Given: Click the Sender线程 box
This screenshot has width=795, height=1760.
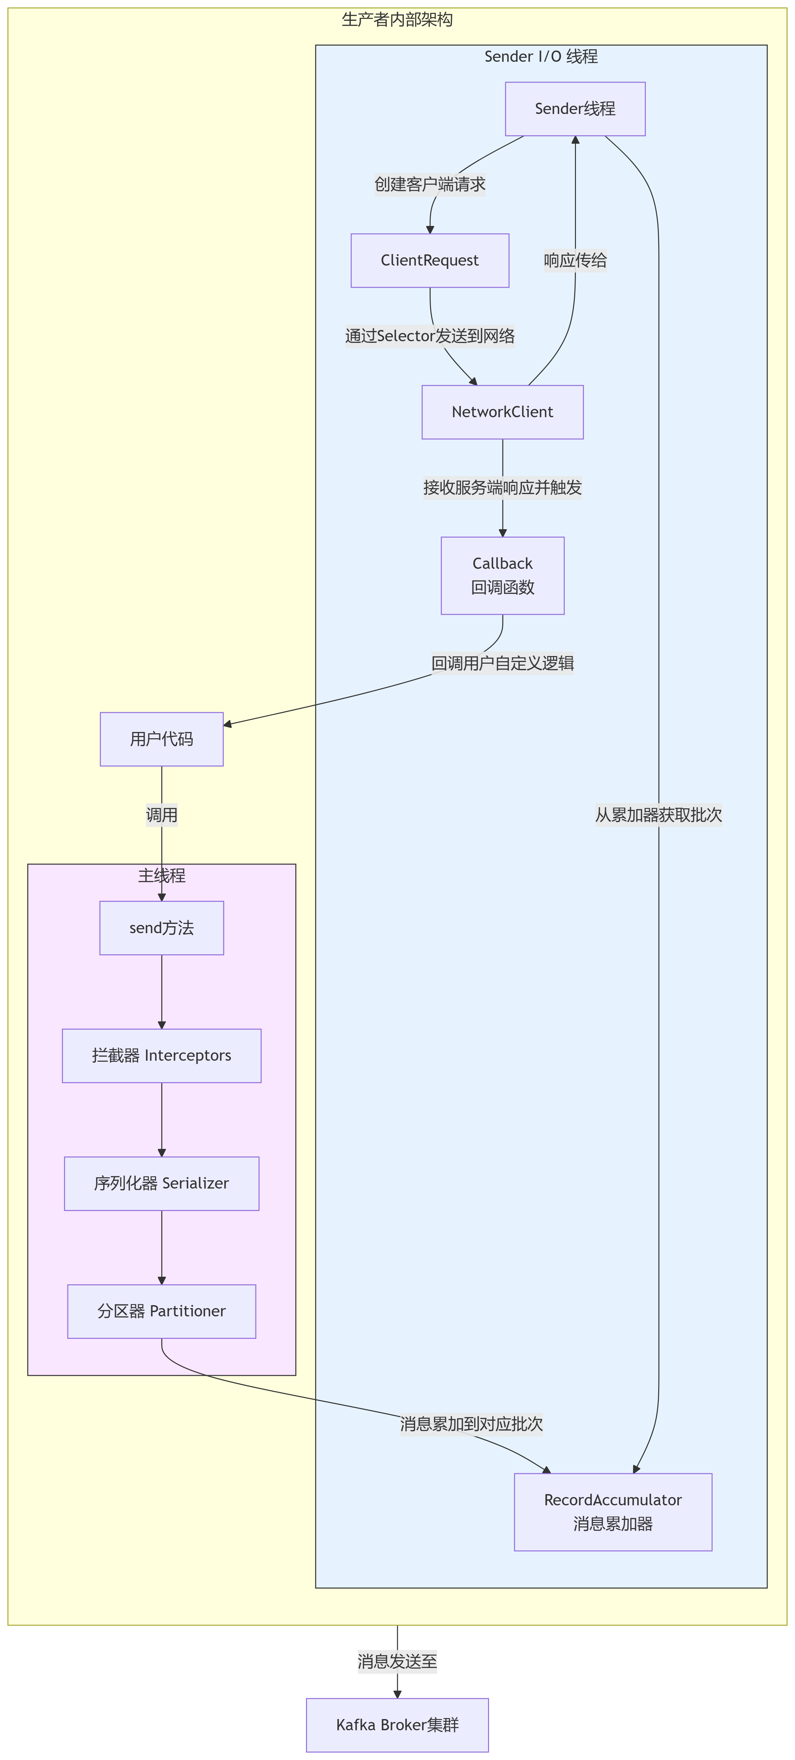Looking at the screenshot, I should (x=575, y=109).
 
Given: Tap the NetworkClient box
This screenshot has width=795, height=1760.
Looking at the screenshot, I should (x=503, y=412).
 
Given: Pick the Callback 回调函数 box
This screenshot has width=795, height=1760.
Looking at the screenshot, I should (x=503, y=575).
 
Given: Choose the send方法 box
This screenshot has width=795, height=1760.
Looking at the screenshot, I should (x=161, y=928).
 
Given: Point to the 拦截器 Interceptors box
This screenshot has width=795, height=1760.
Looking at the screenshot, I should (x=161, y=1056).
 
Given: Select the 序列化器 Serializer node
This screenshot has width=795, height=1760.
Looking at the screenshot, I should (x=161, y=1183).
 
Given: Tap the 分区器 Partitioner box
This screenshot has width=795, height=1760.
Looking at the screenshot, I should (x=161, y=1311).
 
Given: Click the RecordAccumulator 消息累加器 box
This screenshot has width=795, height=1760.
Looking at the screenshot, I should (x=613, y=1512).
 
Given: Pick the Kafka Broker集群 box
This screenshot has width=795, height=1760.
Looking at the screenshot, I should (x=397, y=1724).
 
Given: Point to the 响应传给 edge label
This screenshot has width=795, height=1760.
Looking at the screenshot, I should (x=575, y=260).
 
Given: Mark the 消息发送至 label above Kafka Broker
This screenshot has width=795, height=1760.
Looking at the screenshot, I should (x=397, y=1661).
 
